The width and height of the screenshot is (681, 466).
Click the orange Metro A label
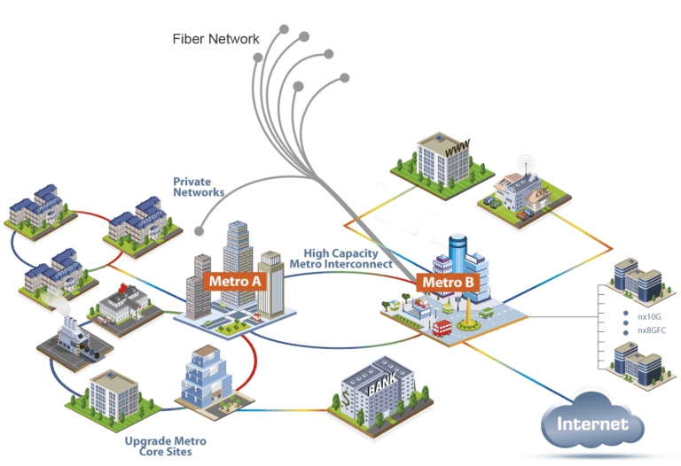235,282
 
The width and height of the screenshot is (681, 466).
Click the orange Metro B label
449,283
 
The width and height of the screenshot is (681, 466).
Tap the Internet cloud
591,423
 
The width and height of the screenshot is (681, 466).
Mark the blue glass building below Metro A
206,376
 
